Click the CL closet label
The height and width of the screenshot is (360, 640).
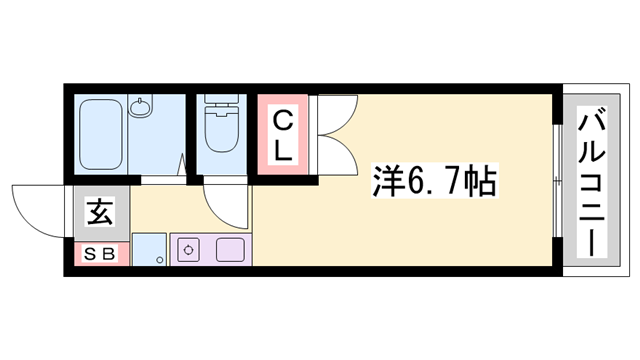284,136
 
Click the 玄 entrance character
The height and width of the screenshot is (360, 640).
98,213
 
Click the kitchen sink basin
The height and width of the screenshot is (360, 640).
230,251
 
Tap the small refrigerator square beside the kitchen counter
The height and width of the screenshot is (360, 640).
148,250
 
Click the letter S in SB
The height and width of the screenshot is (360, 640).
90,254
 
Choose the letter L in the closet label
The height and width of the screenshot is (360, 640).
285,151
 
